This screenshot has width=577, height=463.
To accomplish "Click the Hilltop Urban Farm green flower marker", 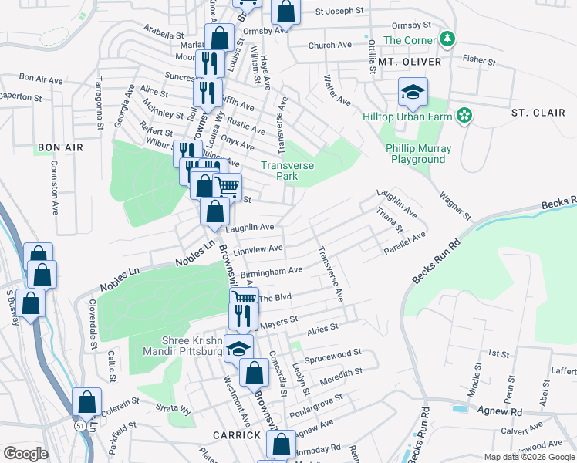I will click(464, 116).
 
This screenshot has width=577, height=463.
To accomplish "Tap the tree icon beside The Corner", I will click(446, 39).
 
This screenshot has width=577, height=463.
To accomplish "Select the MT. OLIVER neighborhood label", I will click(409, 62).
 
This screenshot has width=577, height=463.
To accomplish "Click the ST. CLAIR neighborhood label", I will click(538, 113).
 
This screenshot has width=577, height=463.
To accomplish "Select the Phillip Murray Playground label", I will click(417, 154).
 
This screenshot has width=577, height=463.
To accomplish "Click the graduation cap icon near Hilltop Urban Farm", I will click(413, 93).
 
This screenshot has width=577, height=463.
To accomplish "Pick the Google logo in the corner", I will click(25, 453).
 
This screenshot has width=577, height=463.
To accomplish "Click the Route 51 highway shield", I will click(80, 425).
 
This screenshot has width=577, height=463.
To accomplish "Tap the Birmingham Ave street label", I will click(272, 271).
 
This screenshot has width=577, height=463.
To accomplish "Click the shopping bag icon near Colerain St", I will click(86, 402).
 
